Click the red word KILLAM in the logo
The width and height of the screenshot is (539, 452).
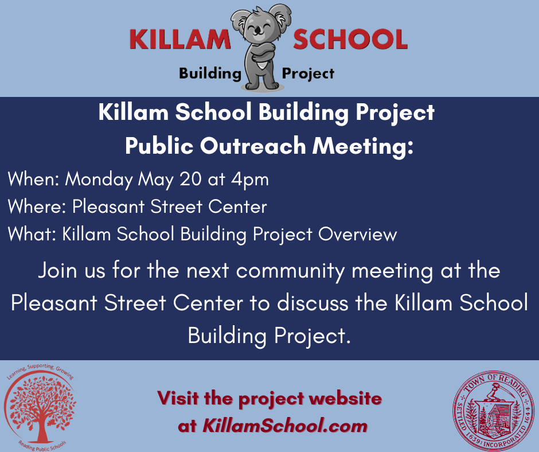click(180, 39)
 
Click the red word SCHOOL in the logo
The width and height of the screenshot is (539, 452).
click(350, 39)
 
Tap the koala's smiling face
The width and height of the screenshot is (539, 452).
click(259, 28)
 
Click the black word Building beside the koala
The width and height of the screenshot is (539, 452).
click(210, 73)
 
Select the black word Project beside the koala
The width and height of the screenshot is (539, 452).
click(308, 73)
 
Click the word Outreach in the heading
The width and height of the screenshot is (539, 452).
click(253, 146)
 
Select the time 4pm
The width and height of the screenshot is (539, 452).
click(250, 180)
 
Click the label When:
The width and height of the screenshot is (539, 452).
click(34, 179)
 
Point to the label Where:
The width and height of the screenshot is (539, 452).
click(37, 206)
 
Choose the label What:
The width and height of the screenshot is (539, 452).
click(32, 234)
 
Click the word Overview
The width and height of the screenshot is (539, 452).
click(357, 234)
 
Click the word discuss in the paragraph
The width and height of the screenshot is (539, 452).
click(313, 303)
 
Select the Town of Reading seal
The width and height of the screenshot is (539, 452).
click(493, 410)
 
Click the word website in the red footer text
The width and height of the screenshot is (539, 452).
click(345, 398)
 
